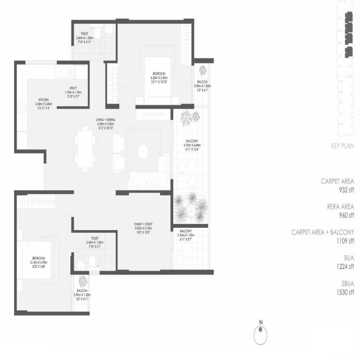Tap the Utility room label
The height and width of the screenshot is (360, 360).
coord(74,88)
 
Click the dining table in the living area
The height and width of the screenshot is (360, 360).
coord(85,148)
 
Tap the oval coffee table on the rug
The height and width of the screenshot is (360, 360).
coord(143,150)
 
